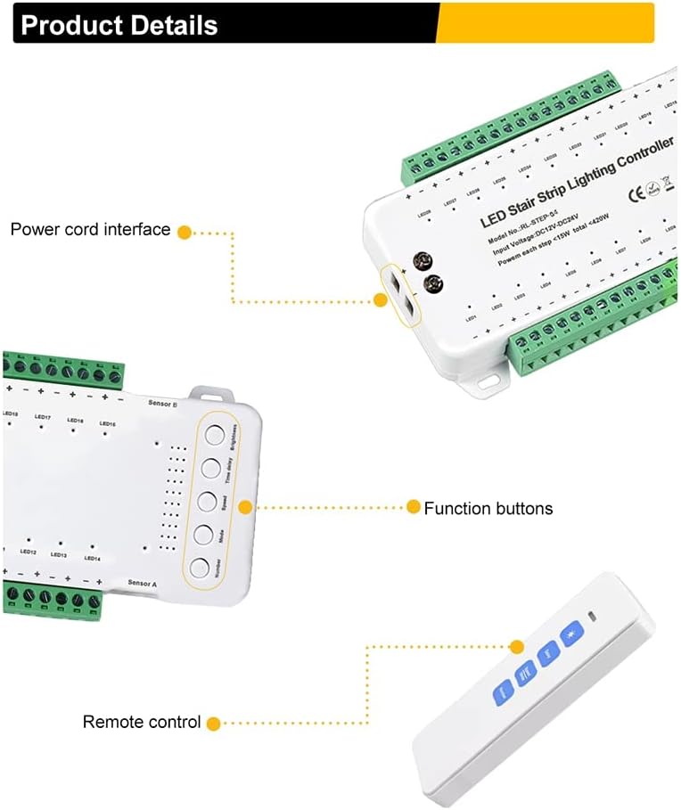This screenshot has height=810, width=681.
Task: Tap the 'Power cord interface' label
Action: coord(90,230)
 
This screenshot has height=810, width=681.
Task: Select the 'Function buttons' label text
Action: coord(488,509)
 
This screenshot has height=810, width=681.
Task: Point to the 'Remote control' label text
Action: coord(142,722)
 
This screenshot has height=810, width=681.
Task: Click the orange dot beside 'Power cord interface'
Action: coord(185,232)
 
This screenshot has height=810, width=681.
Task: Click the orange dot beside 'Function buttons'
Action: coord(413,507)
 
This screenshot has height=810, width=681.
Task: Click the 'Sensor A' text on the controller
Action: coord(143,584)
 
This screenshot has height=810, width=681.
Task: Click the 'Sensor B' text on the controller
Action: coord(162,404)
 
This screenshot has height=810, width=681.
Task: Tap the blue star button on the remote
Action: coord(569,634)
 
